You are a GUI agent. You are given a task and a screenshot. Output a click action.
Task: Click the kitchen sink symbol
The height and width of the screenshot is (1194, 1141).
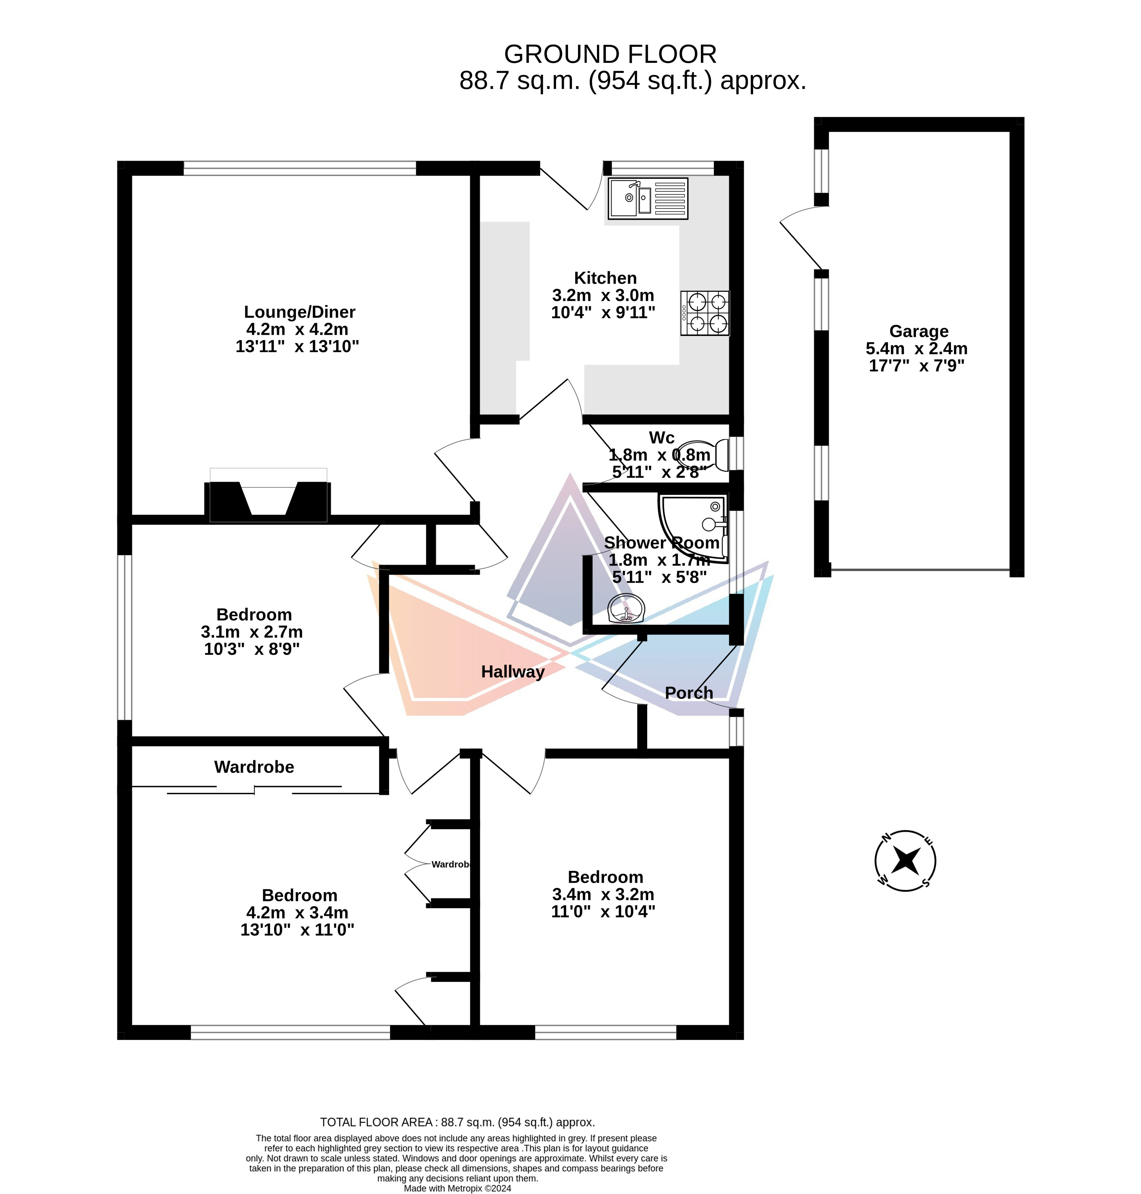(x=648, y=198)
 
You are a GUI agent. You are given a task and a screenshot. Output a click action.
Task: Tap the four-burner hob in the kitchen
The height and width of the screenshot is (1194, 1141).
(x=705, y=313)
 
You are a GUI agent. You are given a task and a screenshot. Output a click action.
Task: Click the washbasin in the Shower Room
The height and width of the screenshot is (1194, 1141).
(x=626, y=609)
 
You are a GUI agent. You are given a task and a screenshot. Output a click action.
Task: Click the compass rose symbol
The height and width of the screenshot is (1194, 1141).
(x=905, y=861)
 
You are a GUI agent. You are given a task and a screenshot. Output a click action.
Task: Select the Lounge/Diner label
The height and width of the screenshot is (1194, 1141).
(x=299, y=312)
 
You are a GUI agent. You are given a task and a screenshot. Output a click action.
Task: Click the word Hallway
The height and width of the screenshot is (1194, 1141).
(x=513, y=672)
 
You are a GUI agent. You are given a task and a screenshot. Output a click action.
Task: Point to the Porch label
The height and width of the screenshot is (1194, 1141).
(x=688, y=693)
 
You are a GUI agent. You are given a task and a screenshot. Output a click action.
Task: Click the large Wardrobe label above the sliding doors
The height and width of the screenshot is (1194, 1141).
(x=254, y=767)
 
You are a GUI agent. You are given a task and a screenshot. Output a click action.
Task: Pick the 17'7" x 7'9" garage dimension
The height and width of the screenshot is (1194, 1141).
(x=917, y=366)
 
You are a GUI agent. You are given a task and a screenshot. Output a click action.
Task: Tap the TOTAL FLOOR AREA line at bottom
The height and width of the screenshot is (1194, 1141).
(x=457, y=1122)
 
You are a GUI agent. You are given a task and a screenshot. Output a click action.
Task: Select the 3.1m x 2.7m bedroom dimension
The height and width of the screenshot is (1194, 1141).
(x=252, y=632)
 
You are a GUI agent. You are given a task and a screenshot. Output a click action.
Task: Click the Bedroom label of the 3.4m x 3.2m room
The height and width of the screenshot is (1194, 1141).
(x=605, y=877)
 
